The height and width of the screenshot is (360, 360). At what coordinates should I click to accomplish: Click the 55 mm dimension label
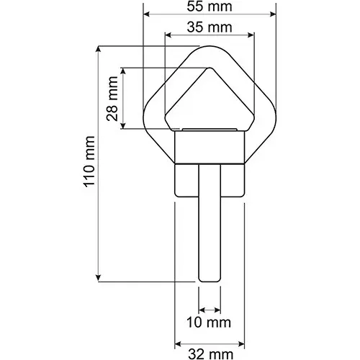click(x=210, y=6)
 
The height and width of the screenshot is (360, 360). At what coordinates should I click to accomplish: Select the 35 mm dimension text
click(x=210, y=27)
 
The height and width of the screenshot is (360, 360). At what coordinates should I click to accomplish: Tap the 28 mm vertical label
click(x=112, y=99)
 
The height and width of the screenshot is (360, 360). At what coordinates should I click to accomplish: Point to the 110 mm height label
click(x=89, y=161)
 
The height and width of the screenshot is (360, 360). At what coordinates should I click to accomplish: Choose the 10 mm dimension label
click(x=209, y=323)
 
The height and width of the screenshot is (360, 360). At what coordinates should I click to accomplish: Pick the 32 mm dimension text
click(x=210, y=354)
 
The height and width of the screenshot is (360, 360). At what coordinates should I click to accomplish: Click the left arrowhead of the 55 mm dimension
click(x=146, y=14)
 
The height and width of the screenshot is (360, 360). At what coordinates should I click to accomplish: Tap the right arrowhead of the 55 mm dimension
click(x=273, y=14)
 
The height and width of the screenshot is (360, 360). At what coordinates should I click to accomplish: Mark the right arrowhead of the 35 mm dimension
click(x=251, y=35)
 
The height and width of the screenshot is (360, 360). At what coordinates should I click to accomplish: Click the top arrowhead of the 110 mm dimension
click(x=98, y=49)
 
